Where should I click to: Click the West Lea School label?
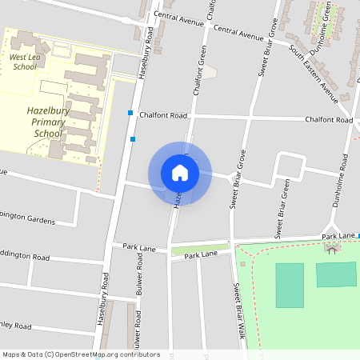point(24,62)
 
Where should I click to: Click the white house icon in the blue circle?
point(180,173)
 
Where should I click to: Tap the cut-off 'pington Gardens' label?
point(27,218)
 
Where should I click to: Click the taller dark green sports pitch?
point(290,286)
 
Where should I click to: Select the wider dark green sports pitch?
point(336,274)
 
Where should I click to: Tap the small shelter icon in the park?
point(331,248)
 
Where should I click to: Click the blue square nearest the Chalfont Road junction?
point(130,114)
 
